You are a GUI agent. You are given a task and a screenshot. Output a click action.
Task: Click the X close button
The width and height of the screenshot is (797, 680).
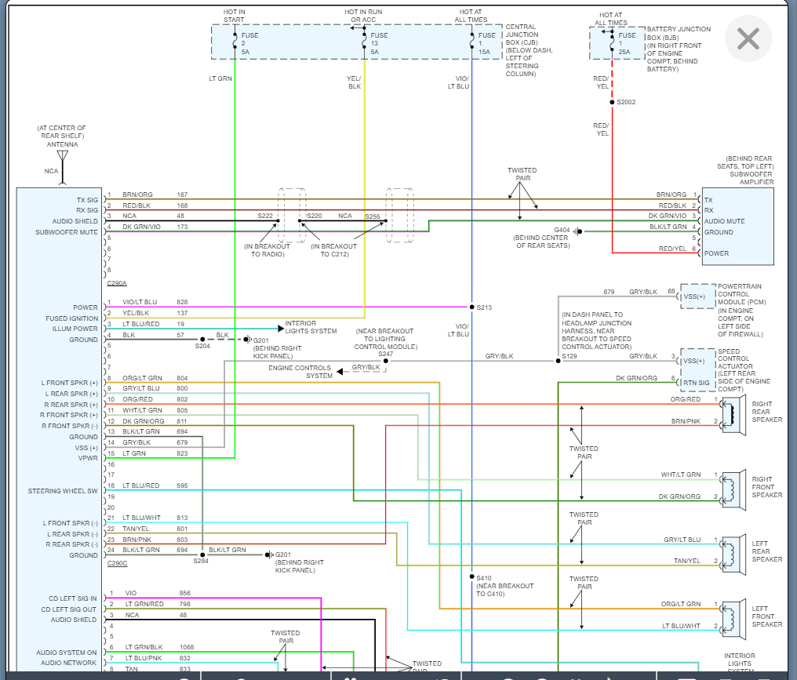pyautogui.click(x=748, y=38)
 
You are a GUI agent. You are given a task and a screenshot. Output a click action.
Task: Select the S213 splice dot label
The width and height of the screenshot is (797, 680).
pyautogui.click(x=483, y=307)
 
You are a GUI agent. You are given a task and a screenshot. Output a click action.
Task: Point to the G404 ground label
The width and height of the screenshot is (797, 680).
pyautogui.click(x=562, y=231)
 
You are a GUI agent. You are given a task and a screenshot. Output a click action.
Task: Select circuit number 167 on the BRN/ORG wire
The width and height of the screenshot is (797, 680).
pyautogui.click(x=182, y=195)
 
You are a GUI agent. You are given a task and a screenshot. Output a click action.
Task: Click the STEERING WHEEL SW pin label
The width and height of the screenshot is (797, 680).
pyautogui.click(x=63, y=491)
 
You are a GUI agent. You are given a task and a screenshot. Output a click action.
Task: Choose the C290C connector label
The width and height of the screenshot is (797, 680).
pyautogui.click(x=116, y=563)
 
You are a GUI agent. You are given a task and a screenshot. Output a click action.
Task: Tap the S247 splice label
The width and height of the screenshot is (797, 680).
pyautogui.click(x=385, y=355)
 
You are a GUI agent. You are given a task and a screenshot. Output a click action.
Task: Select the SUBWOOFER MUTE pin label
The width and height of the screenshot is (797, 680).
pyautogui.click(x=67, y=232)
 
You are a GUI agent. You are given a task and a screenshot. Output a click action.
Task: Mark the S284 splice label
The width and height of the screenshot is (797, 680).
pyautogui.click(x=202, y=562)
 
